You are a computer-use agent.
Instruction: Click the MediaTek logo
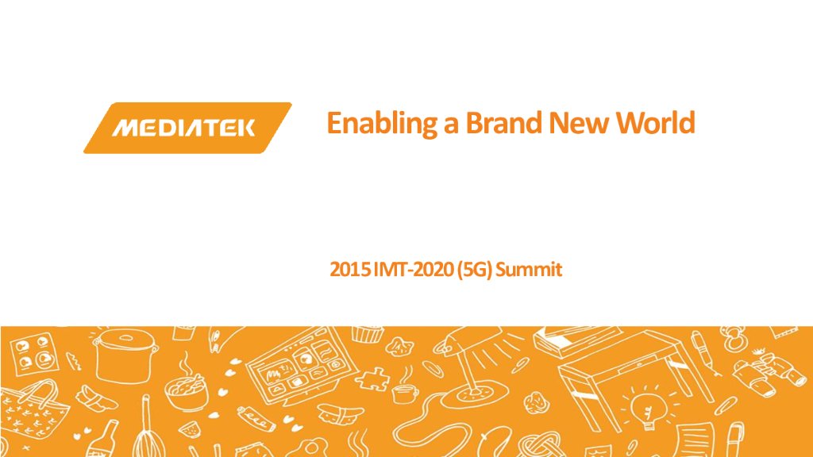point(187,127)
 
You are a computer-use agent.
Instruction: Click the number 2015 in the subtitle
point(347,270)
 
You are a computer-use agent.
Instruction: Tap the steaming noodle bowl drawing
point(185,389)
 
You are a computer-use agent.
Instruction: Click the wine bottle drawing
point(102,440)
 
